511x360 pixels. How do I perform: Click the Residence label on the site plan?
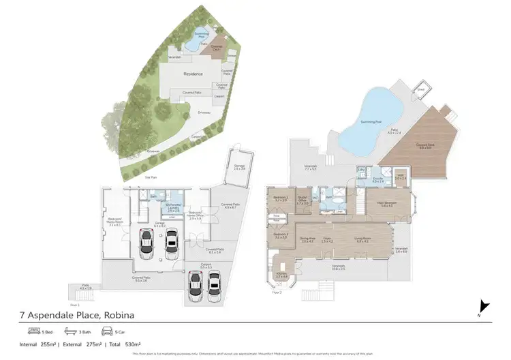[x=194, y=74]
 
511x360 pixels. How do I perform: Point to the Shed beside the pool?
[x=422, y=89]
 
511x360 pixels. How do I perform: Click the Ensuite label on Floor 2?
[x=378, y=180]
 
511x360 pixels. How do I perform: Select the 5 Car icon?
[x=108, y=332]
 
